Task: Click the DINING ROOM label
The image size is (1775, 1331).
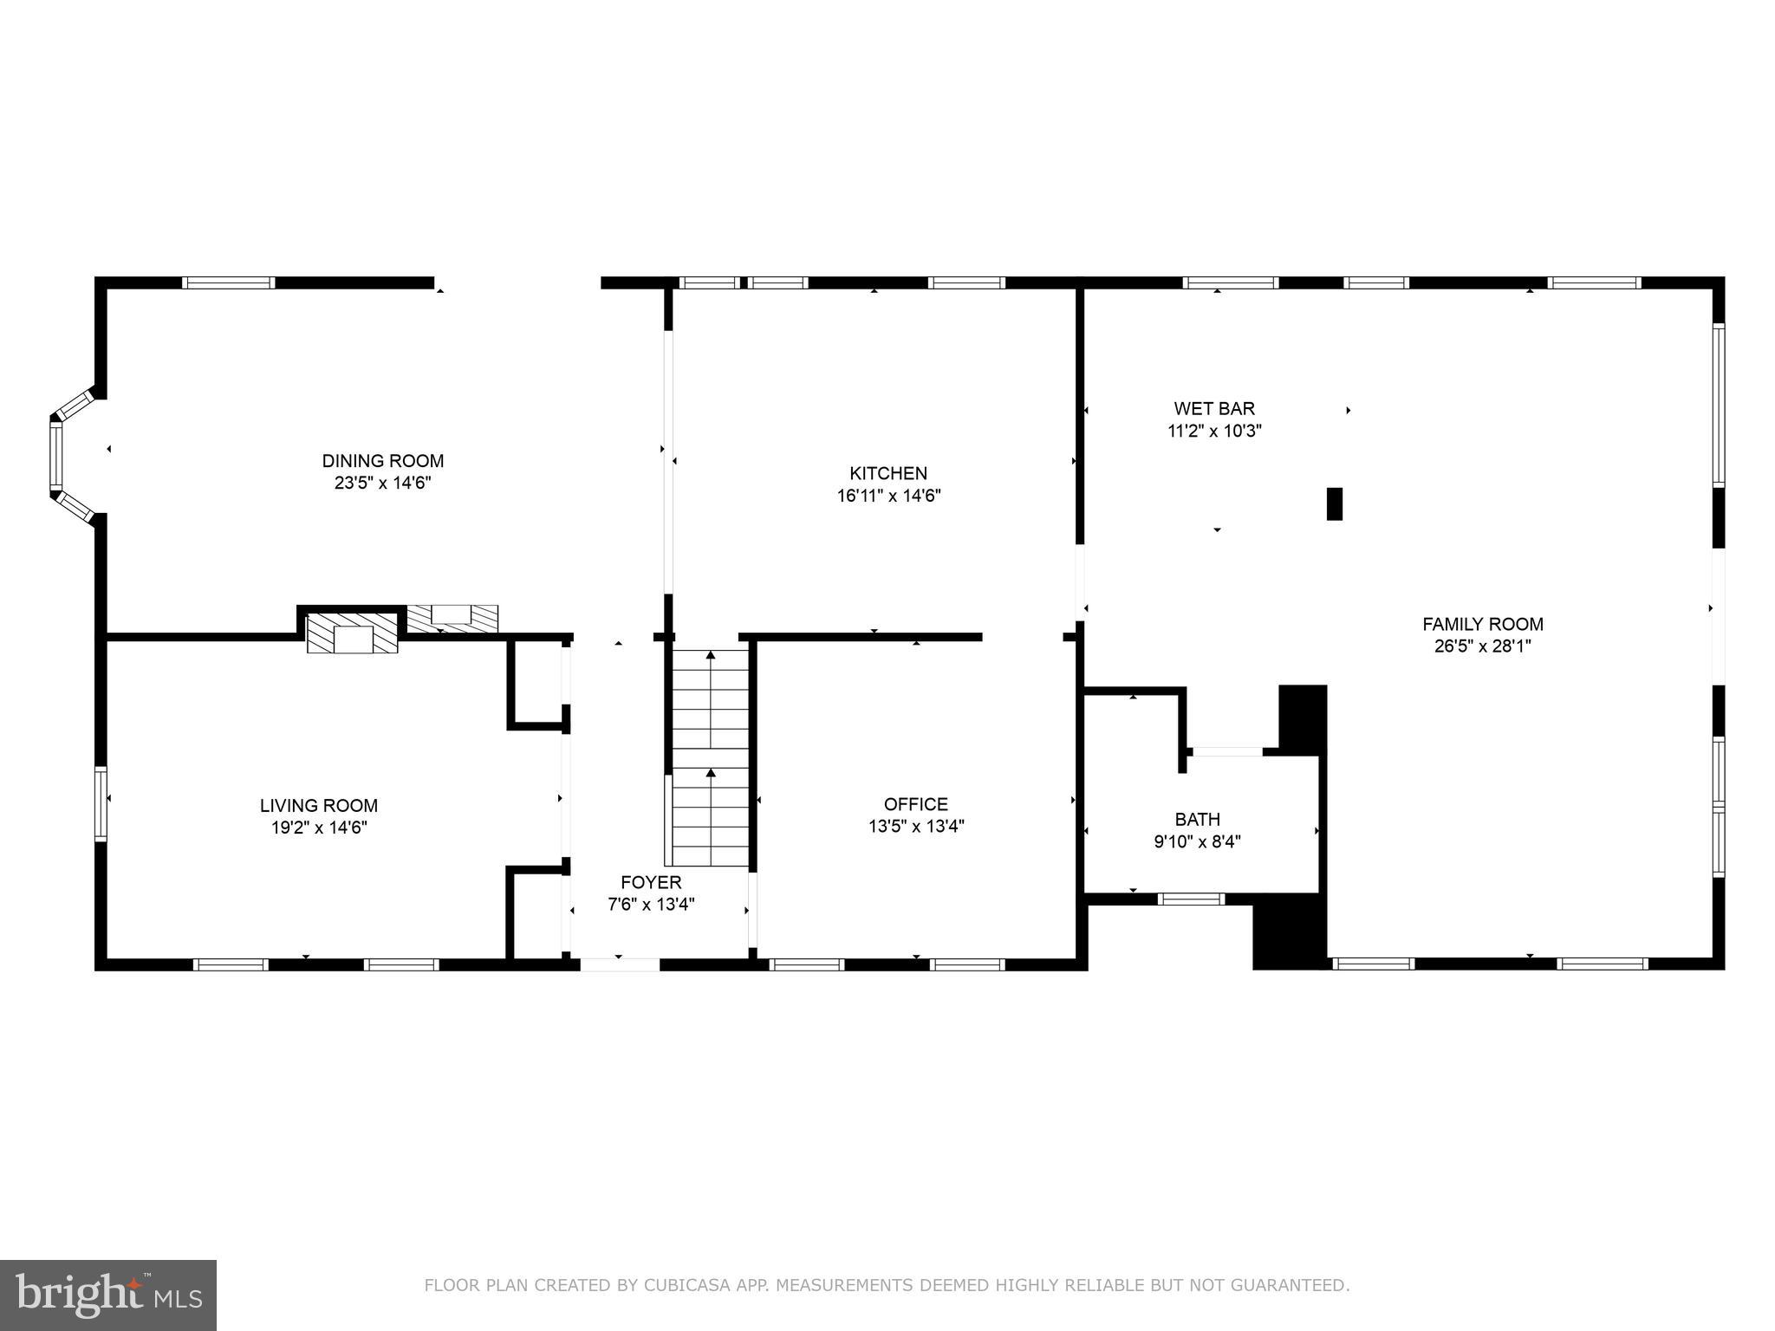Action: (x=382, y=461)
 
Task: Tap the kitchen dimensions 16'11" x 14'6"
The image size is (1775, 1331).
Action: (x=888, y=497)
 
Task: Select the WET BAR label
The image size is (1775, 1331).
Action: (x=1213, y=408)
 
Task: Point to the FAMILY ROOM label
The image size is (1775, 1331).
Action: (x=1482, y=624)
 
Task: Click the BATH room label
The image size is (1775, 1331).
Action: (x=1197, y=819)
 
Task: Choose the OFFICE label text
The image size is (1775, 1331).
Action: (x=915, y=804)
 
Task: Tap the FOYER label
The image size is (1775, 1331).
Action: (x=651, y=882)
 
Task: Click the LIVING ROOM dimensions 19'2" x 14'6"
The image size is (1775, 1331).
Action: (x=319, y=828)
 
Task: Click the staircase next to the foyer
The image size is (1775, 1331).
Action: (x=711, y=758)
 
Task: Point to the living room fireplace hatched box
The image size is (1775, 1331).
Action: (x=352, y=633)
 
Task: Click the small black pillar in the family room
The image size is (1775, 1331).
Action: (x=1334, y=503)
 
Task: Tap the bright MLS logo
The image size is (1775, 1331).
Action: (x=108, y=1295)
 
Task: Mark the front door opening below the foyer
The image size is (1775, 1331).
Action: (x=619, y=964)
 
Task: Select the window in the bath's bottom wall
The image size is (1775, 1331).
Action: (x=1191, y=899)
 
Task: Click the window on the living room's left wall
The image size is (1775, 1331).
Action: (x=101, y=803)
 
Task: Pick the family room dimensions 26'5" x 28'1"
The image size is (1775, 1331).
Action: (x=1482, y=646)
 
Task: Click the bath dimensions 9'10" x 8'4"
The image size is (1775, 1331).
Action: (x=1197, y=841)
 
